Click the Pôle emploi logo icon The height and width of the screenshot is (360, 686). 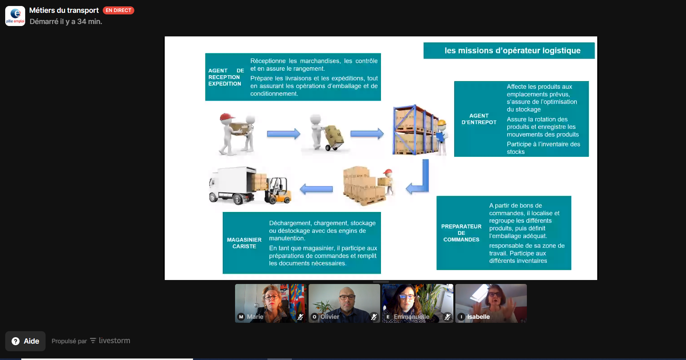tap(15, 16)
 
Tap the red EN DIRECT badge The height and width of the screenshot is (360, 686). tap(118, 10)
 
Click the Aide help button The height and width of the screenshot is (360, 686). tap(26, 341)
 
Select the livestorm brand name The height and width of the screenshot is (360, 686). tap(114, 341)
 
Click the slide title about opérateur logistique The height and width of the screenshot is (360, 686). tap(513, 50)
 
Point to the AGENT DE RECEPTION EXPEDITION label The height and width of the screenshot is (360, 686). tap(226, 77)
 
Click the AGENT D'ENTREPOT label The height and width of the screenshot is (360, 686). tap(479, 119)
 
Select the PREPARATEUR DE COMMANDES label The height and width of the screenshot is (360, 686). tap(461, 233)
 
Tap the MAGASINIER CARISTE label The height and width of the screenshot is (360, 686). tap(244, 243)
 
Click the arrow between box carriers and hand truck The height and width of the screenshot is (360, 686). tap(283, 134)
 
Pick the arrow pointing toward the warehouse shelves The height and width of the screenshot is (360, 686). tap(367, 134)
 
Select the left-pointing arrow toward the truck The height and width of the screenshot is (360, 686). tap(316, 189)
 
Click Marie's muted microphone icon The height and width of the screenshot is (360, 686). tap(301, 317)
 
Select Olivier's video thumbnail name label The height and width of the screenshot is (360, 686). tap(330, 317)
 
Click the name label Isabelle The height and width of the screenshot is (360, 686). tap(479, 317)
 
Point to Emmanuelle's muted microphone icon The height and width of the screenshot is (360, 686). tap(448, 317)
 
